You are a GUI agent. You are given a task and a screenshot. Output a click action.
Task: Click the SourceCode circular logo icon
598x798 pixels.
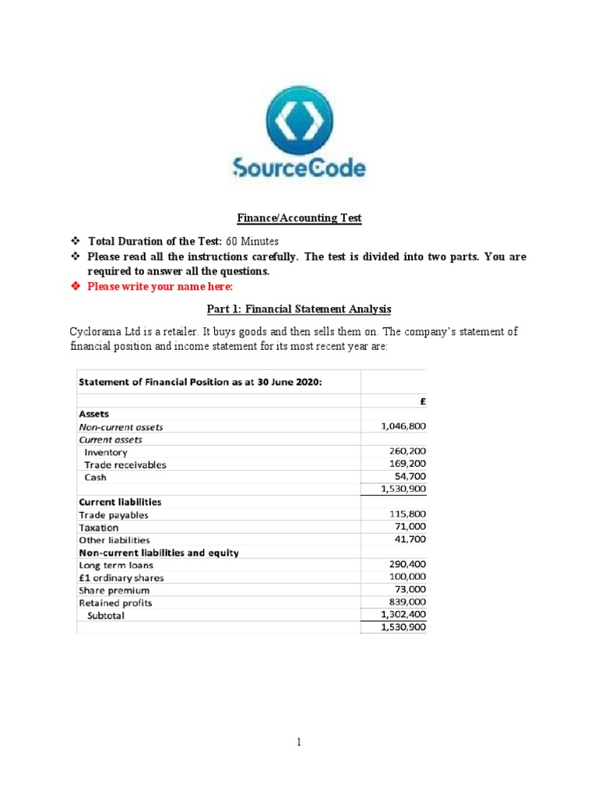tap(299, 120)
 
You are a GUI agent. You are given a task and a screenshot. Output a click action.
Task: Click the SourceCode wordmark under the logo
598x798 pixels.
tap(299, 168)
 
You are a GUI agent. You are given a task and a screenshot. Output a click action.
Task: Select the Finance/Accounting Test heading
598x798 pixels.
tap(299, 218)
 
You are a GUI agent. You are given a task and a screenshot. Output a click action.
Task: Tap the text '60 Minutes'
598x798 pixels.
tap(252, 241)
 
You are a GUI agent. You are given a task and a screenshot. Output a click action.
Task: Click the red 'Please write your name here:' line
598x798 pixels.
tap(149, 286)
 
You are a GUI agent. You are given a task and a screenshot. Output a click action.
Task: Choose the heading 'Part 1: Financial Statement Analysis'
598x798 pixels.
tap(299, 309)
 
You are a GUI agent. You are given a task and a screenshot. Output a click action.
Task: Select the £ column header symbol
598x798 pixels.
tap(421, 401)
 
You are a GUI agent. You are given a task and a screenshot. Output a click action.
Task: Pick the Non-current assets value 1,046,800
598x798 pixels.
tap(403, 426)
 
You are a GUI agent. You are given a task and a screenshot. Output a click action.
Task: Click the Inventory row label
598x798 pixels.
tap(106, 452)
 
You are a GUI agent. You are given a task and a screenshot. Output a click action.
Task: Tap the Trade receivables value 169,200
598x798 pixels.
tap(407, 464)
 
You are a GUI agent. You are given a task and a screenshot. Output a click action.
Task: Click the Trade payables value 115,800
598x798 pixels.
tap(407, 514)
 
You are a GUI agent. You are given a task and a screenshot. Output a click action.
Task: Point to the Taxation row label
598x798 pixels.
tap(99, 528)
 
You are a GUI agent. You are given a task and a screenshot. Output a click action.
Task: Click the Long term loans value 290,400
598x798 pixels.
tap(407, 564)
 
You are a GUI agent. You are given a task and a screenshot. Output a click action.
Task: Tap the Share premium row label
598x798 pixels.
tap(114, 590)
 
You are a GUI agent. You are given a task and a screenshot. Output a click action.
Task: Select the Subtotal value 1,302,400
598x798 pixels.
tap(403, 614)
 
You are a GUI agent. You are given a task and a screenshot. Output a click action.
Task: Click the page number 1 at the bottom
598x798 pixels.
tap(299, 743)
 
